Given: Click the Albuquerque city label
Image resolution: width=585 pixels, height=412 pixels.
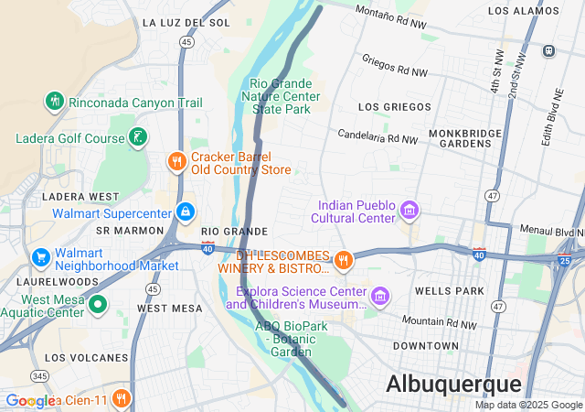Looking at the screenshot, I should (x=453, y=384).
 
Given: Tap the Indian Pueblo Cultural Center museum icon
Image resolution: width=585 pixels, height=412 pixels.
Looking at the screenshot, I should (x=409, y=211).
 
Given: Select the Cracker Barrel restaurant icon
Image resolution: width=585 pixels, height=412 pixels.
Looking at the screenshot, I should (x=176, y=162).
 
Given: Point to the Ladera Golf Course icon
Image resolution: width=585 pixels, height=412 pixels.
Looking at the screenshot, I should (x=138, y=138).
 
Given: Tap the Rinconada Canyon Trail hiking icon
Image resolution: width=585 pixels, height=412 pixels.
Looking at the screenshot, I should (x=55, y=103).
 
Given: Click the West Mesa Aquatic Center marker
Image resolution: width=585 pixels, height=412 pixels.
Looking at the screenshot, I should (x=98, y=305).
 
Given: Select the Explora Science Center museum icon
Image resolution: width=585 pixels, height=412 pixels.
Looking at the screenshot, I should (x=379, y=298).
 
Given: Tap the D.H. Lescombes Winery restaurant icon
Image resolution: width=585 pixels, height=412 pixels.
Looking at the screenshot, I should (x=343, y=261).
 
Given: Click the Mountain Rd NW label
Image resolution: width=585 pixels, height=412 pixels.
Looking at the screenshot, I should (x=441, y=323).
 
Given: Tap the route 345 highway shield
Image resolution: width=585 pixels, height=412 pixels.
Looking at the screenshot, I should (x=39, y=375).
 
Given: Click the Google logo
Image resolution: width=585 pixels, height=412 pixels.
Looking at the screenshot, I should (x=30, y=401).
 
